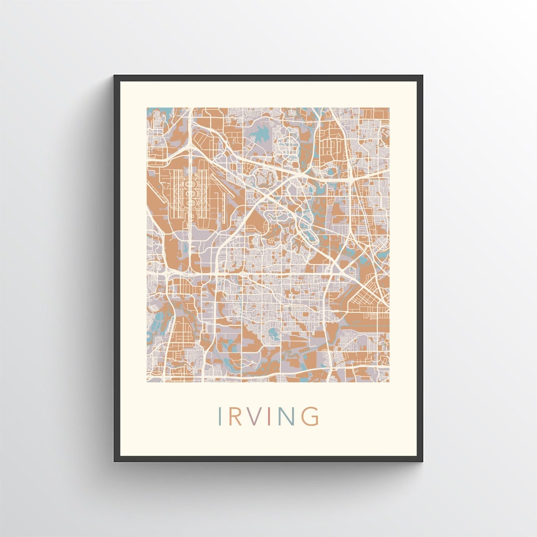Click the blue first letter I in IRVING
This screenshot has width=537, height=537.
(219, 416)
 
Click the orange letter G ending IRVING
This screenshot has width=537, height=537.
(310, 416)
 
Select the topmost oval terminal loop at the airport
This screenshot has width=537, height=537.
(189, 184)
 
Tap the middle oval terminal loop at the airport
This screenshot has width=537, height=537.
(189, 191)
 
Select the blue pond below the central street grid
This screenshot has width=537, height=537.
(273, 334)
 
